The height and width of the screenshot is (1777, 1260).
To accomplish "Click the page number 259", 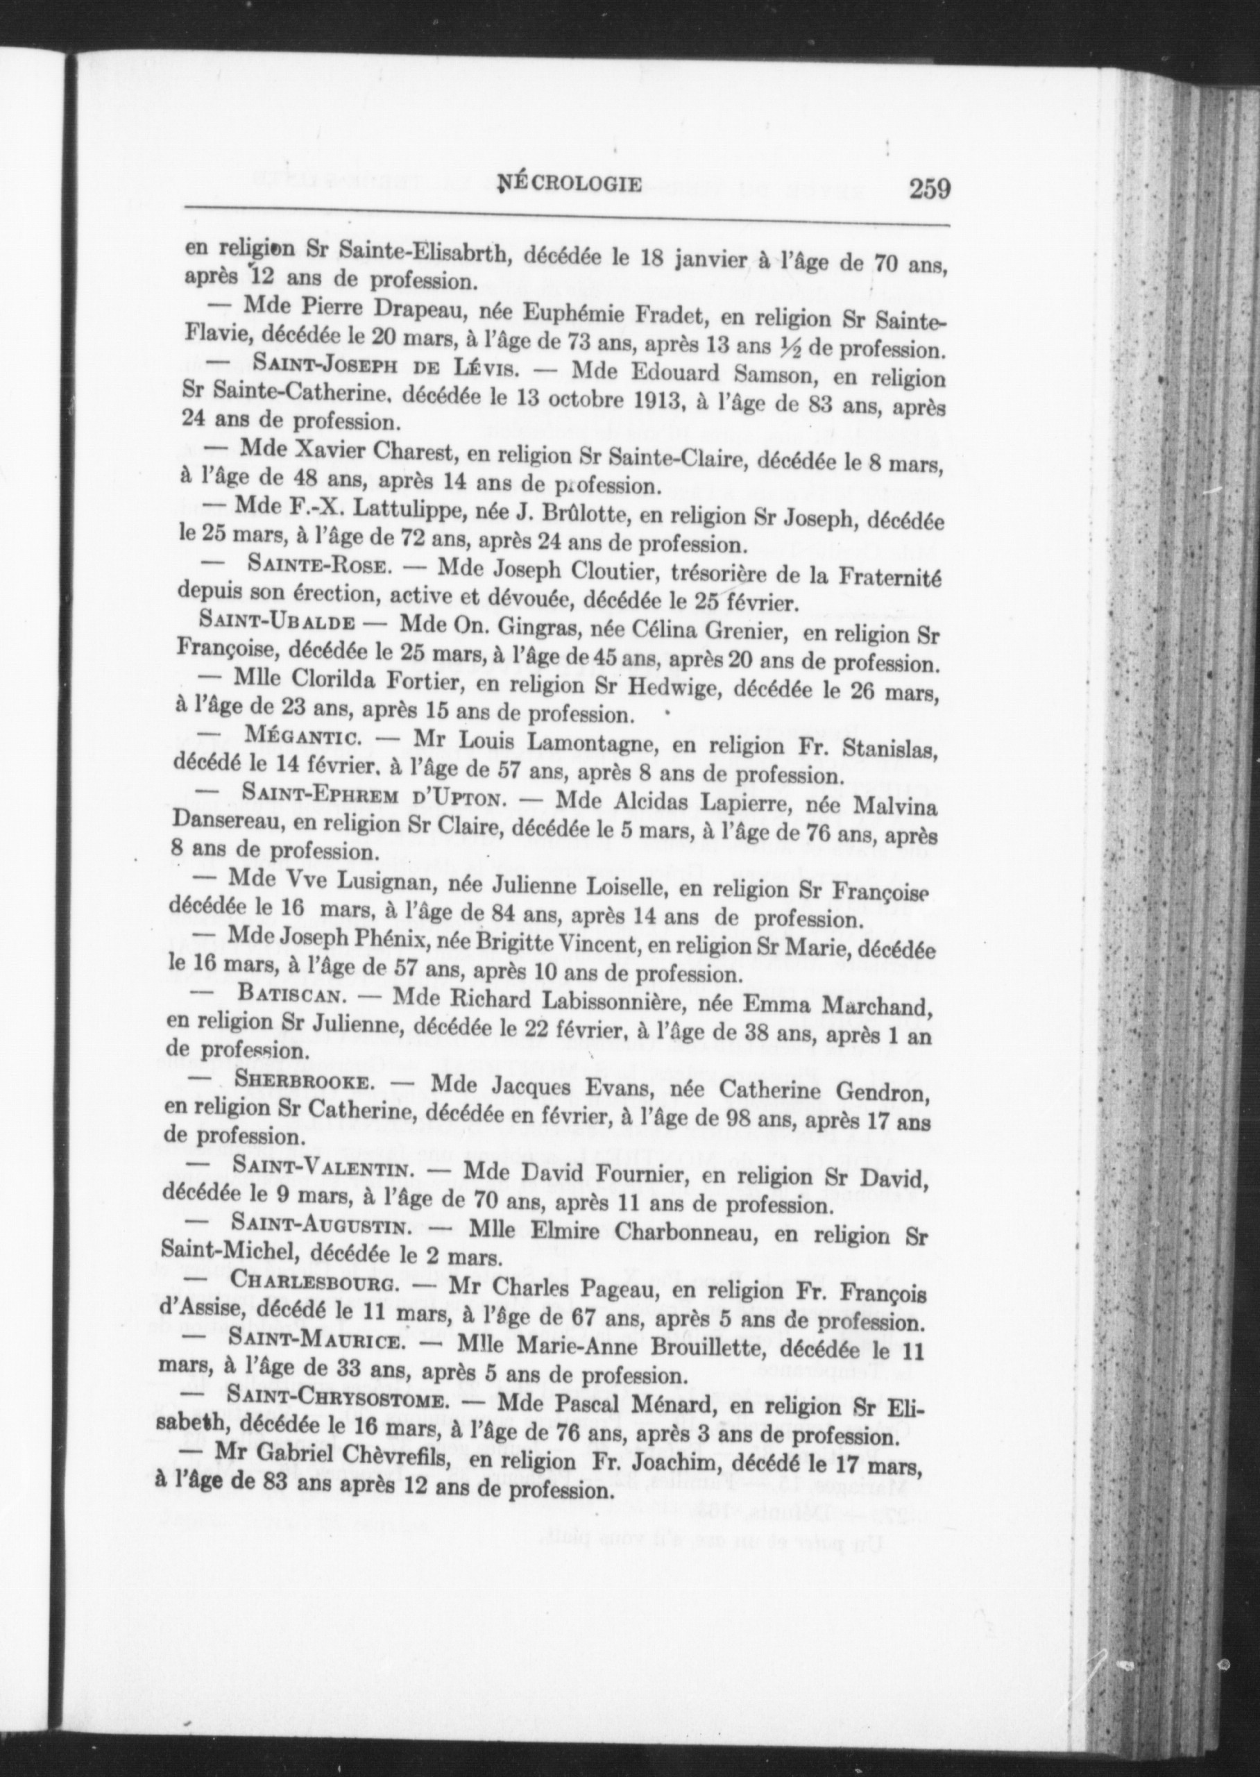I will point(930,188).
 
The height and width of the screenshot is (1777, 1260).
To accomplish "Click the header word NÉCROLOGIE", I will point(572,185).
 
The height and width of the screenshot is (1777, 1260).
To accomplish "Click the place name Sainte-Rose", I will point(315,566).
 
